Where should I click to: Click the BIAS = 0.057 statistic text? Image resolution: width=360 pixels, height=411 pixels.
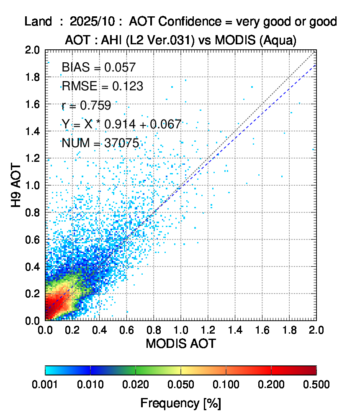click(x=98, y=67)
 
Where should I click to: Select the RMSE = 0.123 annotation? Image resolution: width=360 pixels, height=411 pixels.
click(x=102, y=87)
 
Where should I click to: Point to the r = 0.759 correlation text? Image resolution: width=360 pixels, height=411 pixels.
click(x=86, y=105)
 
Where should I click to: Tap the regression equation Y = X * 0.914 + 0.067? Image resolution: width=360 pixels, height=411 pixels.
click(x=121, y=124)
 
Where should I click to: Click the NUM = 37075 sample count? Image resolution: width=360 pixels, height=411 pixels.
click(x=100, y=143)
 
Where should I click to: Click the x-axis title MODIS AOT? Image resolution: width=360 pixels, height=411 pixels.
click(x=180, y=344)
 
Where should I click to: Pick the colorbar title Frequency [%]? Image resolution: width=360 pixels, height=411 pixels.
click(x=180, y=403)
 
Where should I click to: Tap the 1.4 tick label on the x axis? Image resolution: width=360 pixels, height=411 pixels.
click(x=235, y=330)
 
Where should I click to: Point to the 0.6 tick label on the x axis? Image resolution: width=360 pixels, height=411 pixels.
click(x=126, y=330)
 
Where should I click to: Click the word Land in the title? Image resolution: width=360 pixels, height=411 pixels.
click(x=38, y=21)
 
